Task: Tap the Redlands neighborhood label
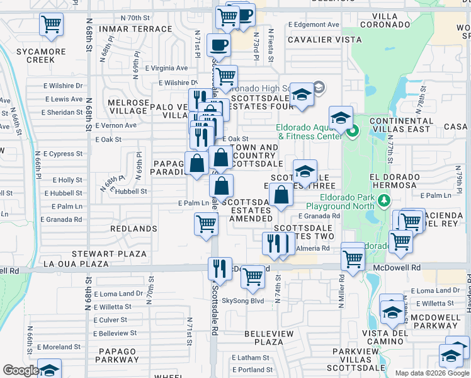tap(133, 228)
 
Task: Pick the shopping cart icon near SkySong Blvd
tap(253, 276)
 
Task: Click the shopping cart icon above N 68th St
tap(51, 25)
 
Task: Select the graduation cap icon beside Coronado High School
tap(302, 95)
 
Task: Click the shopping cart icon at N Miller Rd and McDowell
tap(353, 258)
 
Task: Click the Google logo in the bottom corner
tap(21, 370)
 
